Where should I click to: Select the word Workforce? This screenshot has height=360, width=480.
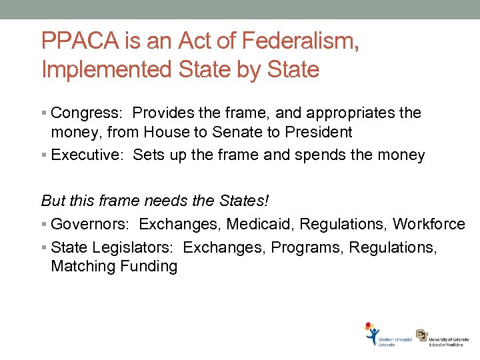(x=429, y=224)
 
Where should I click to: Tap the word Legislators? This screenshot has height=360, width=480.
(x=128, y=247)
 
